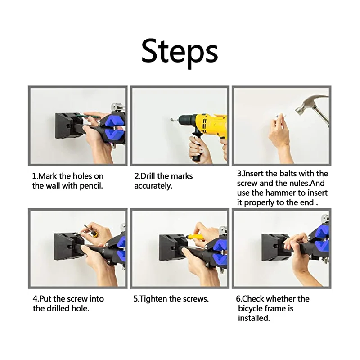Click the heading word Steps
[180, 52]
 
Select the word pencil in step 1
[91, 186]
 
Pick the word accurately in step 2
[153, 186]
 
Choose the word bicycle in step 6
[250, 308]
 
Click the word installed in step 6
[254, 318]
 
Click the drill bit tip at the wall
[172, 119]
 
